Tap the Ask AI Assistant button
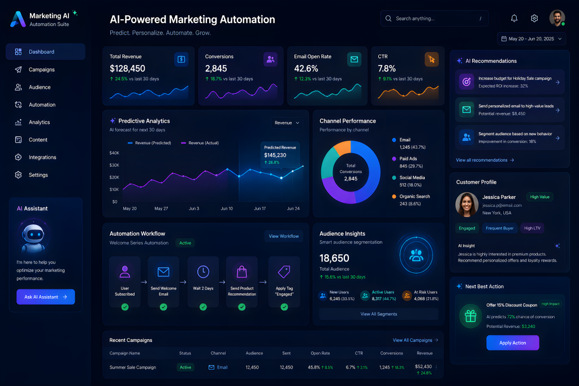click(x=45, y=297)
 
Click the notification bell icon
click(x=514, y=18)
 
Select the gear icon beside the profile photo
click(x=534, y=18)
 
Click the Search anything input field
click(x=434, y=19)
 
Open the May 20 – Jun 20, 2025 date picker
click(x=532, y=39)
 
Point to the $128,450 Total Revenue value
click(x=127, y=68)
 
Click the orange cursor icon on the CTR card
click(x=431, y=59)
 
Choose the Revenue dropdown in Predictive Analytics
click(x=287, y=123)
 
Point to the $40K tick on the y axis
click(x=114, y=153)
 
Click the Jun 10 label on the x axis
click(x=227, y=209)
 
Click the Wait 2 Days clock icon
click(x=203, y=272)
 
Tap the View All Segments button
click(x=379, y=314)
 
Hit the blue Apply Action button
click(x=512, y=343)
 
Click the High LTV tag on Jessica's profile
click(x=532, y=228)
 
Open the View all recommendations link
click(x=485, y=160)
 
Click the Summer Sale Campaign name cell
click(x=132, y=367)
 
